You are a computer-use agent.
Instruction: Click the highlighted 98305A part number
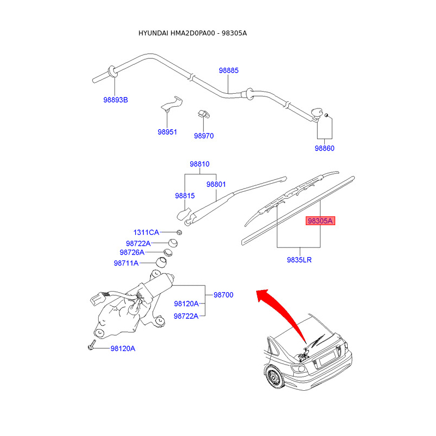click(320, 221)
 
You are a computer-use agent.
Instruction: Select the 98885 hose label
click(229, 70)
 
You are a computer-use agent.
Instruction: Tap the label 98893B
click(116, 100)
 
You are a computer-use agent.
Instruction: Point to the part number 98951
click(167, 132)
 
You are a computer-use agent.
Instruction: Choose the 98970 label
click(204, 136)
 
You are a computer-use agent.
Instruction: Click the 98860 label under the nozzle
click(324, 148)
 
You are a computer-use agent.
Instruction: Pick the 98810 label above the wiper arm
click(199, 164)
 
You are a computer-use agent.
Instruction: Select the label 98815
click(185, 196)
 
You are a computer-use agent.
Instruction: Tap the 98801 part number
click(216, 184)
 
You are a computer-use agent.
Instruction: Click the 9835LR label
click(299, 260)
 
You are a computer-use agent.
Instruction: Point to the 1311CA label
click(146, 233)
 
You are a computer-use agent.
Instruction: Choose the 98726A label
click(132, 252)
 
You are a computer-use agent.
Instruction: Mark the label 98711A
click(126, 263)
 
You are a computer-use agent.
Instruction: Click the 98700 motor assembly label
click(223, 295)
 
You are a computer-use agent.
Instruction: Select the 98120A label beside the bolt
click(123, 348)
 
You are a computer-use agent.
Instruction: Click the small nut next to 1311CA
click(179, 233)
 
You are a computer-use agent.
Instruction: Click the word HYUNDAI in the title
click(154, 33)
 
